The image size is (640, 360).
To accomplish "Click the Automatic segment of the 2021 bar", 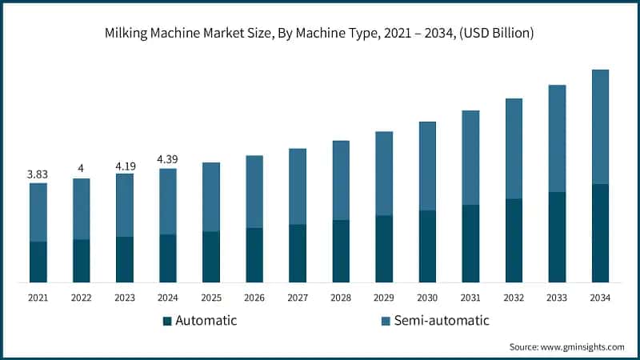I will coord(38,262).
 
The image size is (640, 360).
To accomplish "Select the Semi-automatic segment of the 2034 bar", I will coord(600,126).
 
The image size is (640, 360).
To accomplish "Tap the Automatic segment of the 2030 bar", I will coord(427,246).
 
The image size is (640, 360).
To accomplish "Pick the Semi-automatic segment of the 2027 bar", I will coord(298,186).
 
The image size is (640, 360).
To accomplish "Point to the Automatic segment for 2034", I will coord(600,233).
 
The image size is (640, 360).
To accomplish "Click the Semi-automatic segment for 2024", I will coord(168,201).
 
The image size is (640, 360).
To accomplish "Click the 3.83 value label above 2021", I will coord(38,174).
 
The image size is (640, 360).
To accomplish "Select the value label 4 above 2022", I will coord(82,168).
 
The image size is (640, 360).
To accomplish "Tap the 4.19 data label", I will coord(125,164).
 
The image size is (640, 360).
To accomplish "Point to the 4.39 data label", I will coord(168,159).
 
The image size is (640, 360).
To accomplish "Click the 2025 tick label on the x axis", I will coord(211,298).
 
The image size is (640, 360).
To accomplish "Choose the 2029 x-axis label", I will coord(384,298).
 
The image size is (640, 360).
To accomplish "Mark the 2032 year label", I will coord(514,298).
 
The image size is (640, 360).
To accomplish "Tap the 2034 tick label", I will coord(600,298).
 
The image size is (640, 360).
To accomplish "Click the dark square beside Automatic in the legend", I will coord(167,321).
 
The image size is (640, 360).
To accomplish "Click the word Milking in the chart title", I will coord(128,34).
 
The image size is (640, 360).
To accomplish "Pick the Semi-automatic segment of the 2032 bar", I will coord(514,148).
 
